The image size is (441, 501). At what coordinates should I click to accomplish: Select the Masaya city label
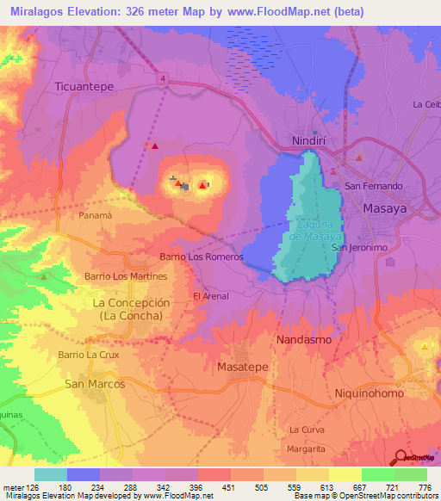point(385,209)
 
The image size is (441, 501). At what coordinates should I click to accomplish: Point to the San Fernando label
point(373,186)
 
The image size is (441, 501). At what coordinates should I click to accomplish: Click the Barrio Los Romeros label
point(202,257)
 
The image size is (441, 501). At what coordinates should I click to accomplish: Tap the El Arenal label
point(211,297)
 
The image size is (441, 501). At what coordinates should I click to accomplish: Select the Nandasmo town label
point(303,340)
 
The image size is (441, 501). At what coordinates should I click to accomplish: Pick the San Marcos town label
point(95,384)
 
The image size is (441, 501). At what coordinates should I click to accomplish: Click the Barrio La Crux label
point(86,355)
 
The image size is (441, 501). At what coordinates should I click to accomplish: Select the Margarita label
point(307,449)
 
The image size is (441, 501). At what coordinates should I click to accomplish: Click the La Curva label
point(307,429)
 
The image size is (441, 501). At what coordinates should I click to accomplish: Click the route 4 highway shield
point(161,78)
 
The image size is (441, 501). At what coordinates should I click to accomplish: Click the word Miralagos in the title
point(40,11)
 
